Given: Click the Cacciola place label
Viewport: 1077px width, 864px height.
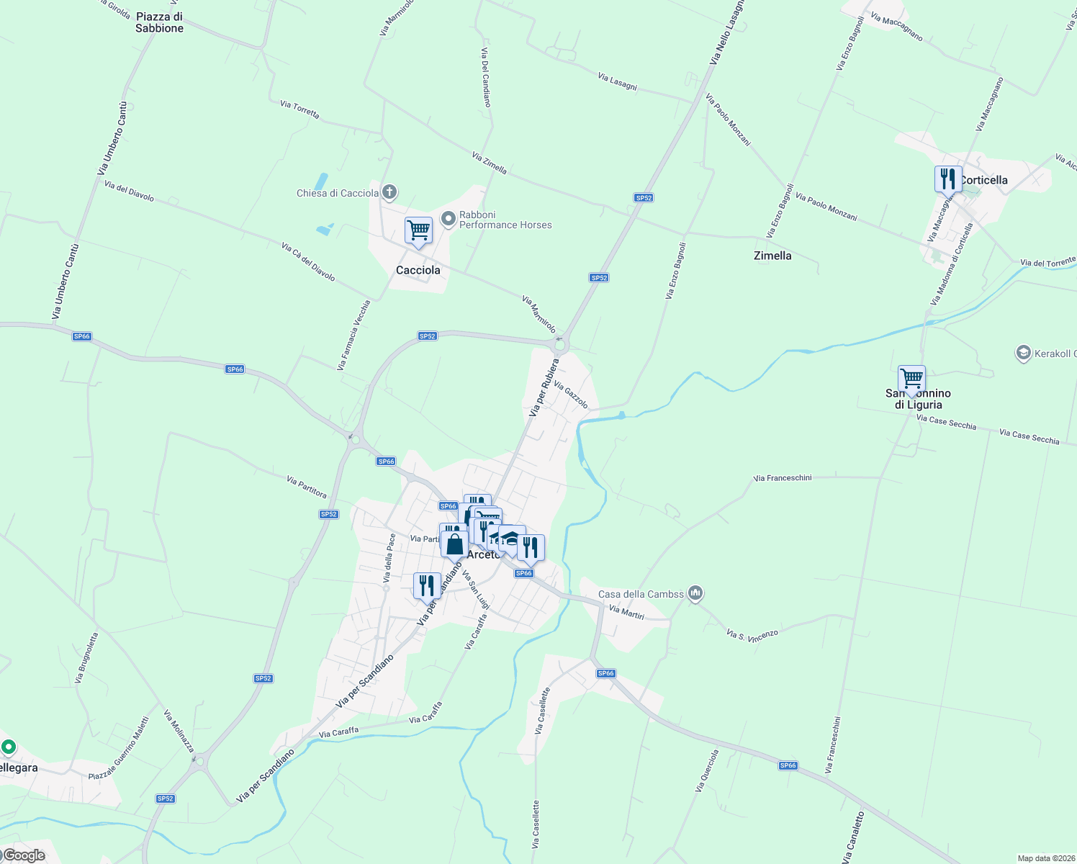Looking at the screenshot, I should coord(418,270).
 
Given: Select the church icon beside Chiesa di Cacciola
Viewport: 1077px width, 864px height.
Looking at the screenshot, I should coord(389,192).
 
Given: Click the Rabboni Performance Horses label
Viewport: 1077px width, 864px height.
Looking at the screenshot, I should coord(505,220).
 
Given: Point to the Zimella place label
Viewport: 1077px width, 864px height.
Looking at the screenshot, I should coord(772,256).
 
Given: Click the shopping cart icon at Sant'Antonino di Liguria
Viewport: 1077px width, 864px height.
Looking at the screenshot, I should coord(911,378).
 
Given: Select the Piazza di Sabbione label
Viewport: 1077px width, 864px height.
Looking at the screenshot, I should coord(159,22).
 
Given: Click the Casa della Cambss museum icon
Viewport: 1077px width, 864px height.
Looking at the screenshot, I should coord(695,593).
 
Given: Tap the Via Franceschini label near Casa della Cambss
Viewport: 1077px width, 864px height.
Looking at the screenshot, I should coord(783,478).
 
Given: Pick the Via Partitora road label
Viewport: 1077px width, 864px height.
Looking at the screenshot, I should coord(307,487).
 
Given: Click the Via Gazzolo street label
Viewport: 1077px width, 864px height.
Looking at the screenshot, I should coord(571,395).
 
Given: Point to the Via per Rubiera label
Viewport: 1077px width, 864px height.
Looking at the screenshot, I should coord(544,387).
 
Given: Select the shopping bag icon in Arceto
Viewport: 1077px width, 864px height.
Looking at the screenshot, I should coord(454,544).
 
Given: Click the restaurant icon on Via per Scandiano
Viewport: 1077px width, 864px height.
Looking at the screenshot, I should coord(427,586).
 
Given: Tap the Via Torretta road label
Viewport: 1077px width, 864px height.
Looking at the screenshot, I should coord(299,109).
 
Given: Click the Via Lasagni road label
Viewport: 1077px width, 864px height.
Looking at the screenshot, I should coord(617,81).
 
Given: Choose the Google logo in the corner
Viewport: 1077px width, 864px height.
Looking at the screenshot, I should coord(24,855).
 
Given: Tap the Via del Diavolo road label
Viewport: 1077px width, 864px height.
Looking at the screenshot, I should coord(129,191).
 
